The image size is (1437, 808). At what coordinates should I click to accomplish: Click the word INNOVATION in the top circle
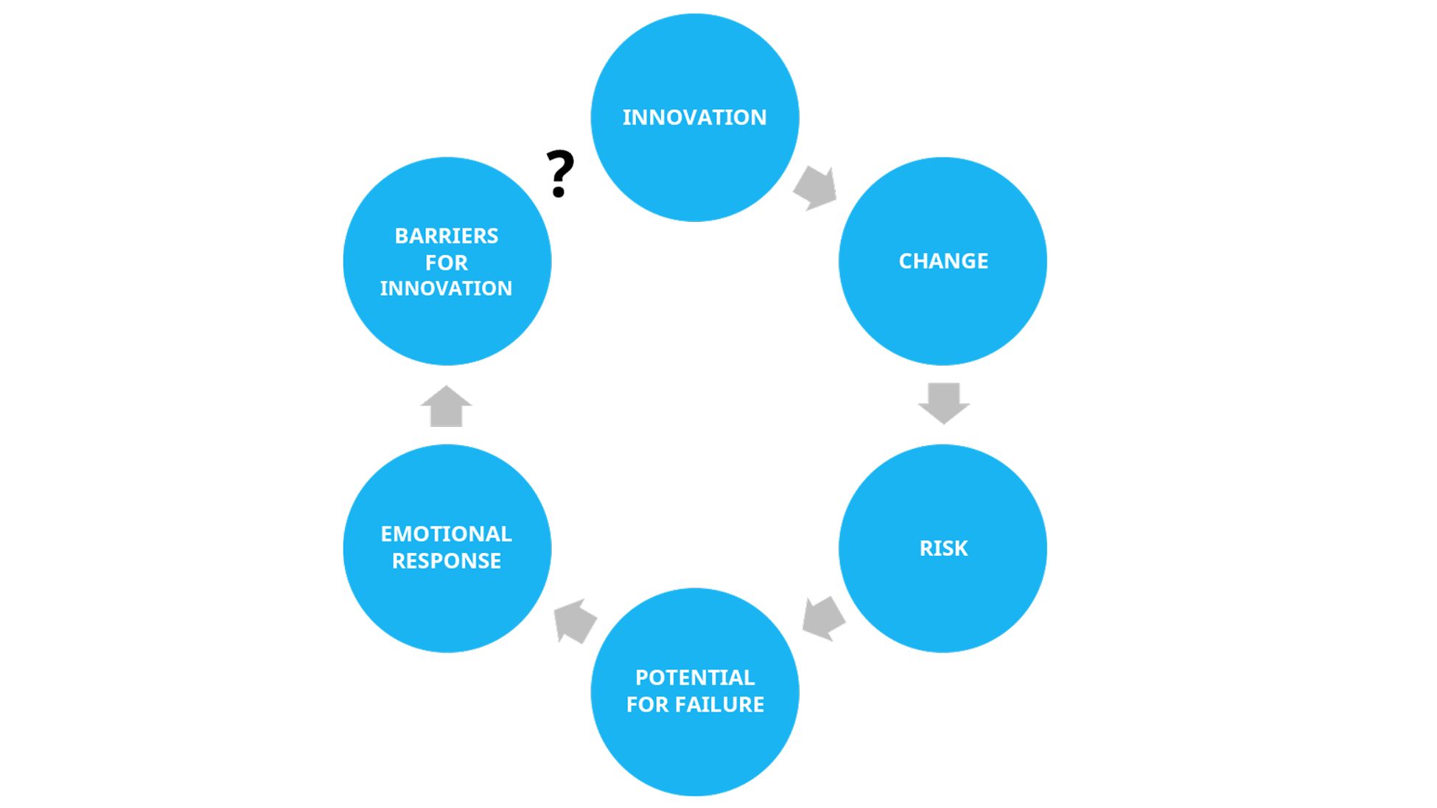click(x=694, y=117)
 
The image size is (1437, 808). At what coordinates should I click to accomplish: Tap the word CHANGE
click(x=943, y=261)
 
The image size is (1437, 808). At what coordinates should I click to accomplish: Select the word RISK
click(x=943, y=548)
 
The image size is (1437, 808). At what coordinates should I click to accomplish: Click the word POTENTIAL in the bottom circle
click(x=695, y=678)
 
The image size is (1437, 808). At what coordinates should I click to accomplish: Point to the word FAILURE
click(x=721, y=705)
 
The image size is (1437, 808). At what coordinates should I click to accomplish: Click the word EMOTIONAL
click(x=446, y=534)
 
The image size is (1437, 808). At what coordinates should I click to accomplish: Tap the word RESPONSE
click(x=446, y=561)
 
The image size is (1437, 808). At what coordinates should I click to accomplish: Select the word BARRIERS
click(x=446, y=236)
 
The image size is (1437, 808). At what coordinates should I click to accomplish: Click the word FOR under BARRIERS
click(x=446, y=262)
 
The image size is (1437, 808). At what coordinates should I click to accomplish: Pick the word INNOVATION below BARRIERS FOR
click(x=446, y=288)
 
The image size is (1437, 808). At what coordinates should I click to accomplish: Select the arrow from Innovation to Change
click(x=816, y=189)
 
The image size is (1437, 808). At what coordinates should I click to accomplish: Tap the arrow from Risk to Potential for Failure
click(x=823, y=618)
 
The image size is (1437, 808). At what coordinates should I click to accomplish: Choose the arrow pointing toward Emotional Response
click(x=575, y=621)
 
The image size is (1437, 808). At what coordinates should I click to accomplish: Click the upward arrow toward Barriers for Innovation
click(x=446, y=406)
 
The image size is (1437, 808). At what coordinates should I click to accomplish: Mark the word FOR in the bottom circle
click(x=647, y=705)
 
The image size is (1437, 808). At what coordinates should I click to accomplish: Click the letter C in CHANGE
click(x=906, y=261)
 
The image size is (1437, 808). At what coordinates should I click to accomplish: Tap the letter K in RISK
click(x=961, y=548)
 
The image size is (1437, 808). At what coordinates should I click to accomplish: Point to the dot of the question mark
click(x=559, y=193)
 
